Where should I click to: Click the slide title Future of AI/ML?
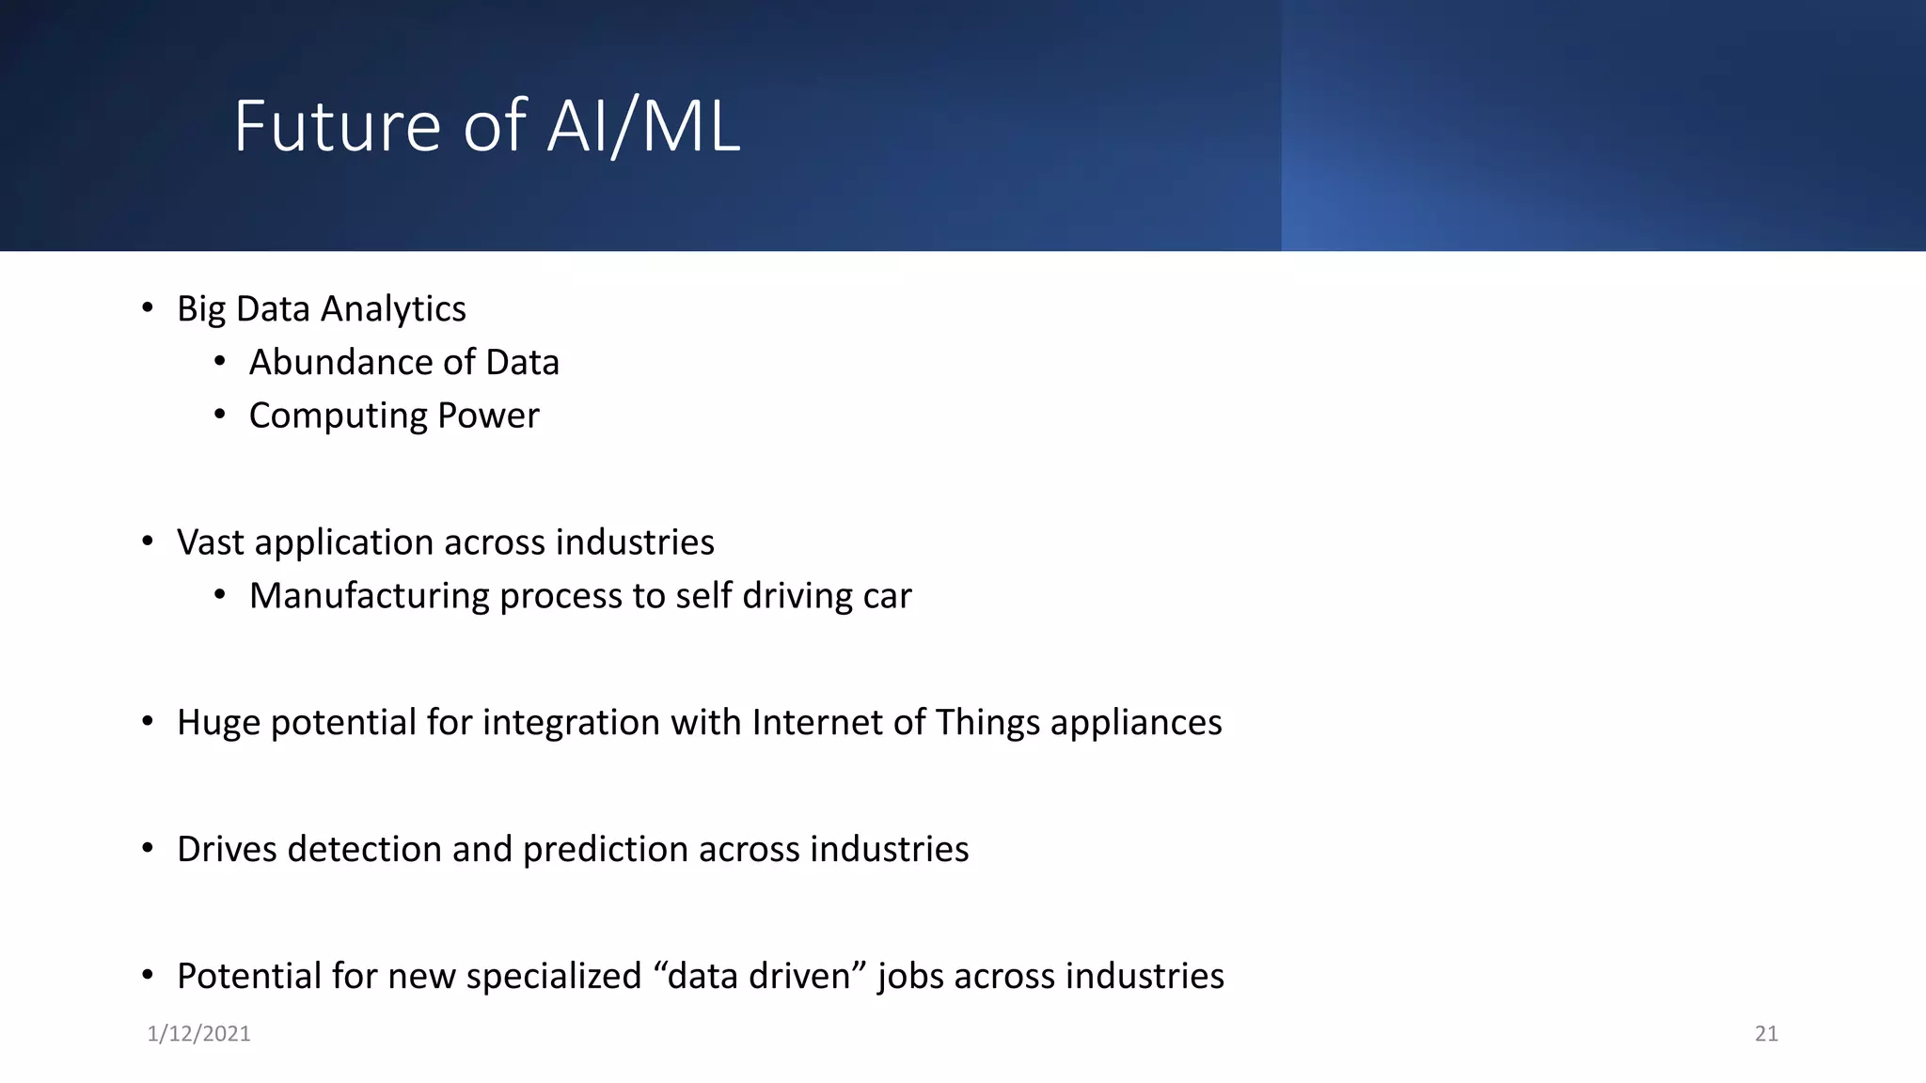pos(486,126)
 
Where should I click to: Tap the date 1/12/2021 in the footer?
pos(198,1034)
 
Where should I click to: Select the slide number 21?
pos(1766,1034)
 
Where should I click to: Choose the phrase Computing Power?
pos(394,416)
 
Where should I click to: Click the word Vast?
pos(211,542)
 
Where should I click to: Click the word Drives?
pos(227,850)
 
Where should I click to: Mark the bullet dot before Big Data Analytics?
pos(148,307)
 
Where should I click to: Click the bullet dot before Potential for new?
pos(148,975)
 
